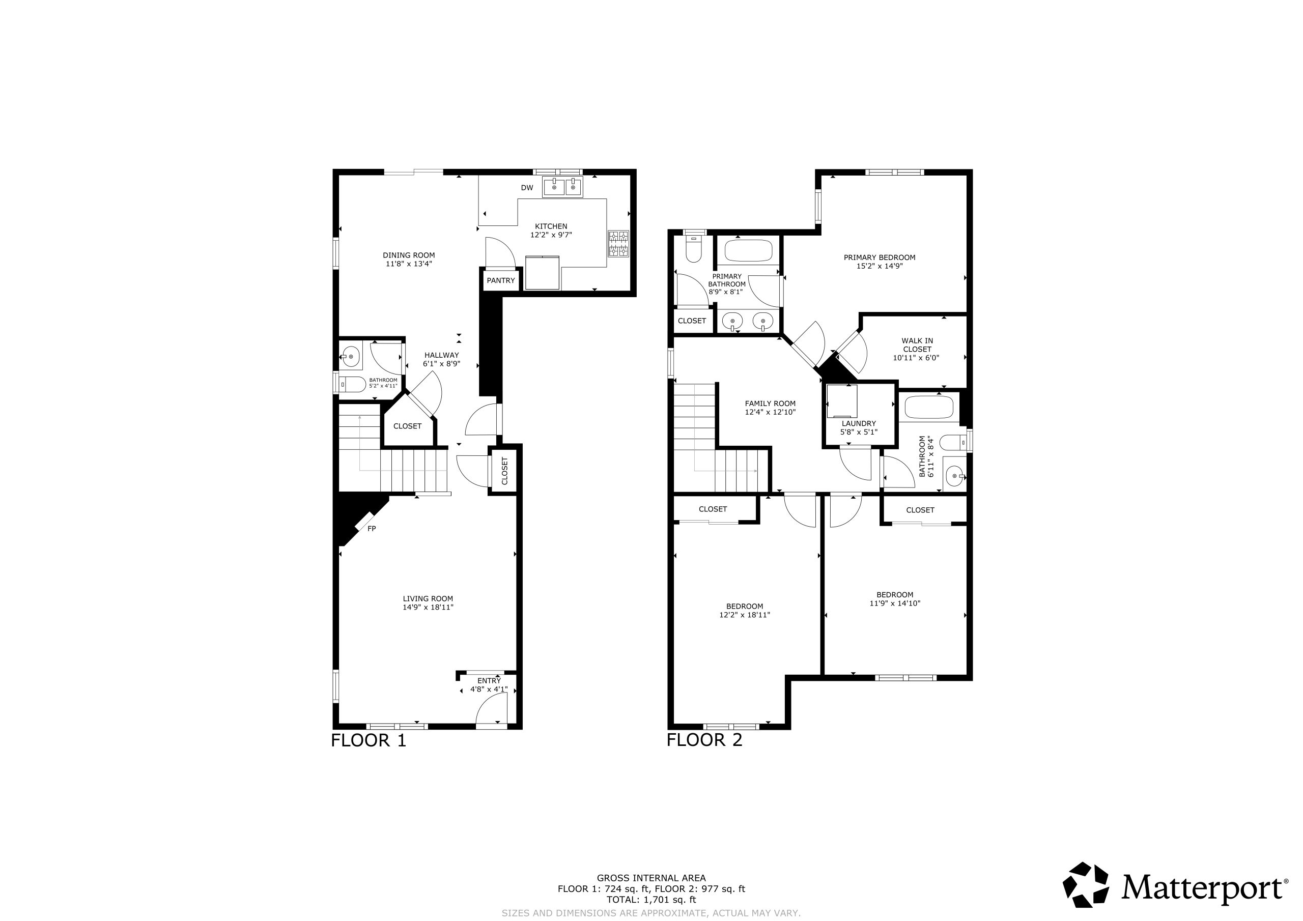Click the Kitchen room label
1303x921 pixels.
(551, 226)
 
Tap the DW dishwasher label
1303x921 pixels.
(527, 188)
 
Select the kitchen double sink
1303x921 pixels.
(563, 187)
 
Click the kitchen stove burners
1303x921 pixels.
(618, 243)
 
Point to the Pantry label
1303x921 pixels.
(500, 280)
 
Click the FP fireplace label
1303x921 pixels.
(372, 528)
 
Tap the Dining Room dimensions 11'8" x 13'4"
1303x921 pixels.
(409, 264)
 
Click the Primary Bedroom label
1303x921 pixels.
(880, 257)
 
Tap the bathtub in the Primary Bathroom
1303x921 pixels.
(749, 250)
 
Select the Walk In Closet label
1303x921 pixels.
(917, 345)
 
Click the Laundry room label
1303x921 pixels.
(859, 423)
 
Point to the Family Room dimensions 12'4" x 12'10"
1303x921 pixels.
(770, 413)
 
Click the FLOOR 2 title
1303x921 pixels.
(704, 740)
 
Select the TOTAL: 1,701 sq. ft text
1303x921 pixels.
(651, 900)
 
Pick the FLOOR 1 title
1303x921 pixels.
(369, 740)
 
